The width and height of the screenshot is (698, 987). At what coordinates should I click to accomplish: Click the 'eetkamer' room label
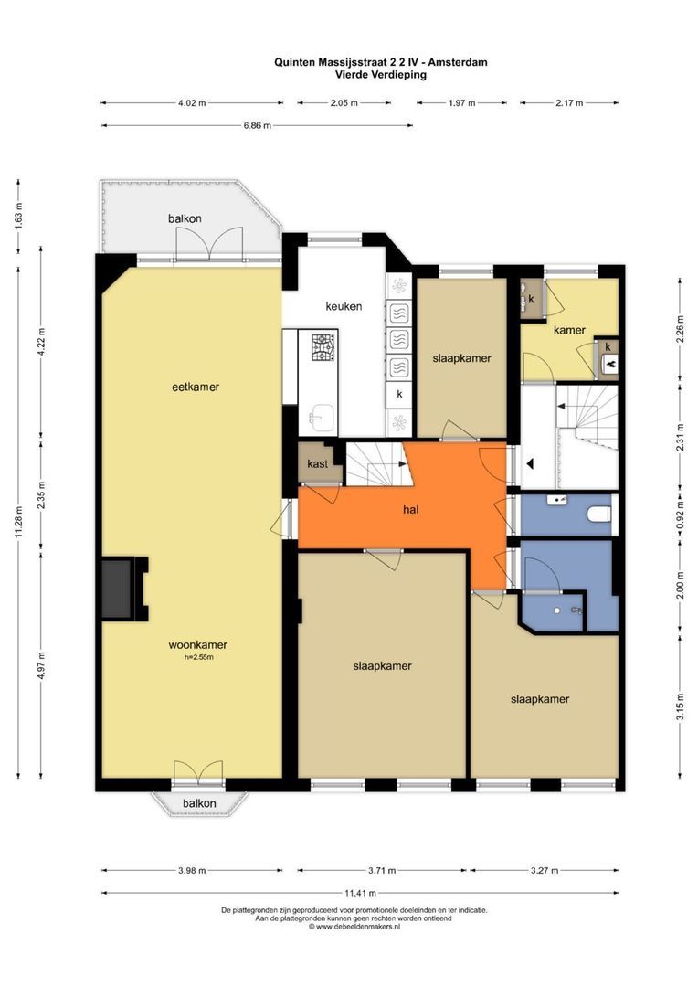pyautogui.click(x=196, y=387)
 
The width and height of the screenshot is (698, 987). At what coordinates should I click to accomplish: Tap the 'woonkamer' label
pyautogui.click(x=197, y=644)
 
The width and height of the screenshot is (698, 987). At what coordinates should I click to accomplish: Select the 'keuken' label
pyautogui.click(x=344, y=306)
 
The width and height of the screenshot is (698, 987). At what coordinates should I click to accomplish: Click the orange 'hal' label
pyautogui.click(x=410, y=509)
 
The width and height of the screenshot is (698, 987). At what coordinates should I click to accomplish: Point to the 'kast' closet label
pyautogui.click(x=317, y=464)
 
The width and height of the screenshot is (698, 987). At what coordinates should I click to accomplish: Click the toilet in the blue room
pyautogui.click(x=598, y=515)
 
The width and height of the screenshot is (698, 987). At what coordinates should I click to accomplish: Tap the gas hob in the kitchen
pyautogui.click(x=323, y=347)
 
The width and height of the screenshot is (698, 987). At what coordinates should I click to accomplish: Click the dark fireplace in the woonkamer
pyautogui.click(x=118, y=589)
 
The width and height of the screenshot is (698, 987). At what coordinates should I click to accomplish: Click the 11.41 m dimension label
pyautogui.click(x=360, y=893)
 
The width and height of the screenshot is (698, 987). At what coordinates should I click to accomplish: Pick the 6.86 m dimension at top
pyautogui.click(x=258, y=125)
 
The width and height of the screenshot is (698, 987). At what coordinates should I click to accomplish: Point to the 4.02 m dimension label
pyautogui.click(x=192, y=102)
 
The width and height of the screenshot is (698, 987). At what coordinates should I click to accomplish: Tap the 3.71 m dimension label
pyautogui.click(x=382, y=871)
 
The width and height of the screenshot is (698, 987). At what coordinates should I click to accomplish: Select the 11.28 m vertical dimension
pyautogui.click(x=19, y=522)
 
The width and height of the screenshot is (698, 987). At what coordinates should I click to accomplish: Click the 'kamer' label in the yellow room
pyautogui.click(x=569, y=329)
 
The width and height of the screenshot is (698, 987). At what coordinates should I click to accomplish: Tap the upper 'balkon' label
pyautogui.click(x=185, y=218)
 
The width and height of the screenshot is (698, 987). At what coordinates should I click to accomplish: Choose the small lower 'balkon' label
pyautogui.click(x=199, y=803)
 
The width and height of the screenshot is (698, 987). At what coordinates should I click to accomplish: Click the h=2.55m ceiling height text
pyautogui.click(x=198, y=657)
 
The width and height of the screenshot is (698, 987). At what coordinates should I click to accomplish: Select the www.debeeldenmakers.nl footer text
pyautogui.click(x=357, y=927)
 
